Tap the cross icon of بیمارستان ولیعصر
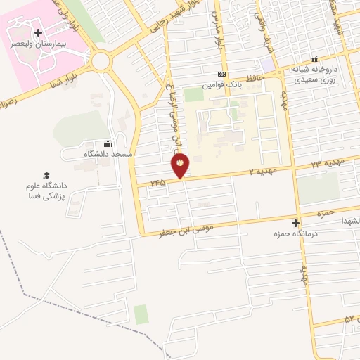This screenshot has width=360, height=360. [39, 32]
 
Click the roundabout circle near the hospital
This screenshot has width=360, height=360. [101, 61]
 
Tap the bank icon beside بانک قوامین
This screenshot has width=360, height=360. [222, 74]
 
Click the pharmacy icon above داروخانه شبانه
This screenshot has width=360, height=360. [314, 60]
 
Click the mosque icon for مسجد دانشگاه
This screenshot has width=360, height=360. [107, 143]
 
